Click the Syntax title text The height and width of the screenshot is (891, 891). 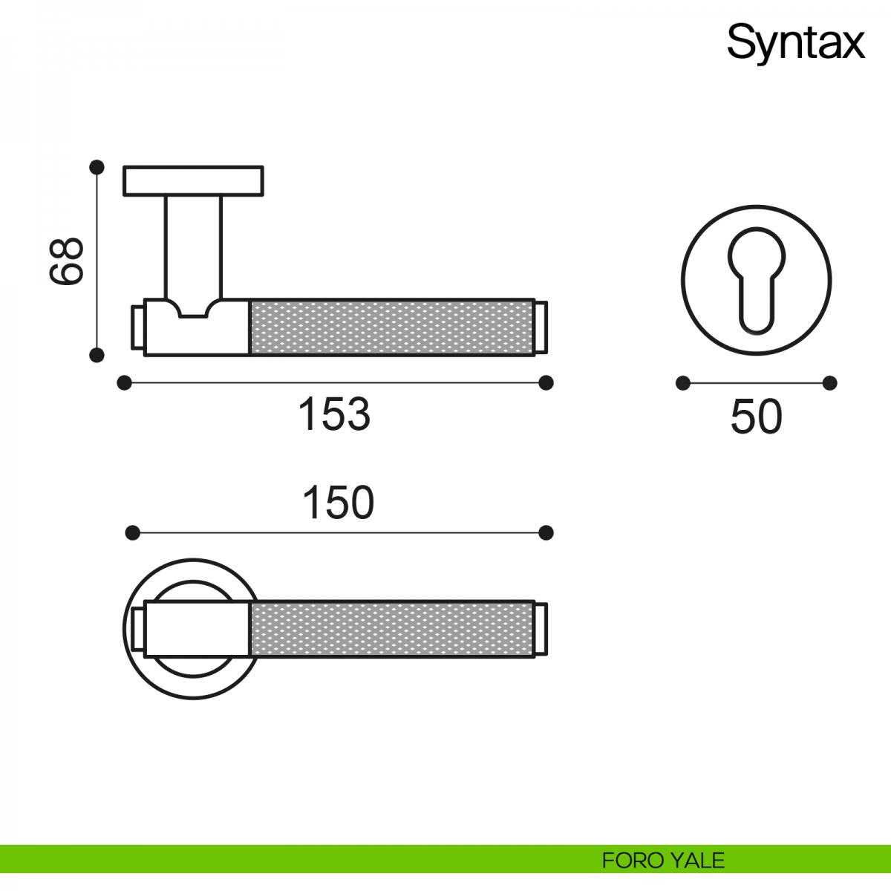click(x=795, y=43)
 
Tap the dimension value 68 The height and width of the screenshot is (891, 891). click(x=66, y=261)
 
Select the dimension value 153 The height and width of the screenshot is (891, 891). click(x=334, y=414)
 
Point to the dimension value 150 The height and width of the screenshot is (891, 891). click(x=338, y=503)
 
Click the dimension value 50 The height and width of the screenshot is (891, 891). click(x=757, y=417)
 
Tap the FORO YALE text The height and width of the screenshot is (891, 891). click(x=663, y=861)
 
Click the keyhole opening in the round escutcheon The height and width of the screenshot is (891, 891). click(x=757, y=280)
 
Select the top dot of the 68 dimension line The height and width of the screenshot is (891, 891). click(x=97, y=167)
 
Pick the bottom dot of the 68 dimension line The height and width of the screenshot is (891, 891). click(x=97, y=355)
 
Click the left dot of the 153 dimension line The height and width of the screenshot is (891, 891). click(x=125, y=383)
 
